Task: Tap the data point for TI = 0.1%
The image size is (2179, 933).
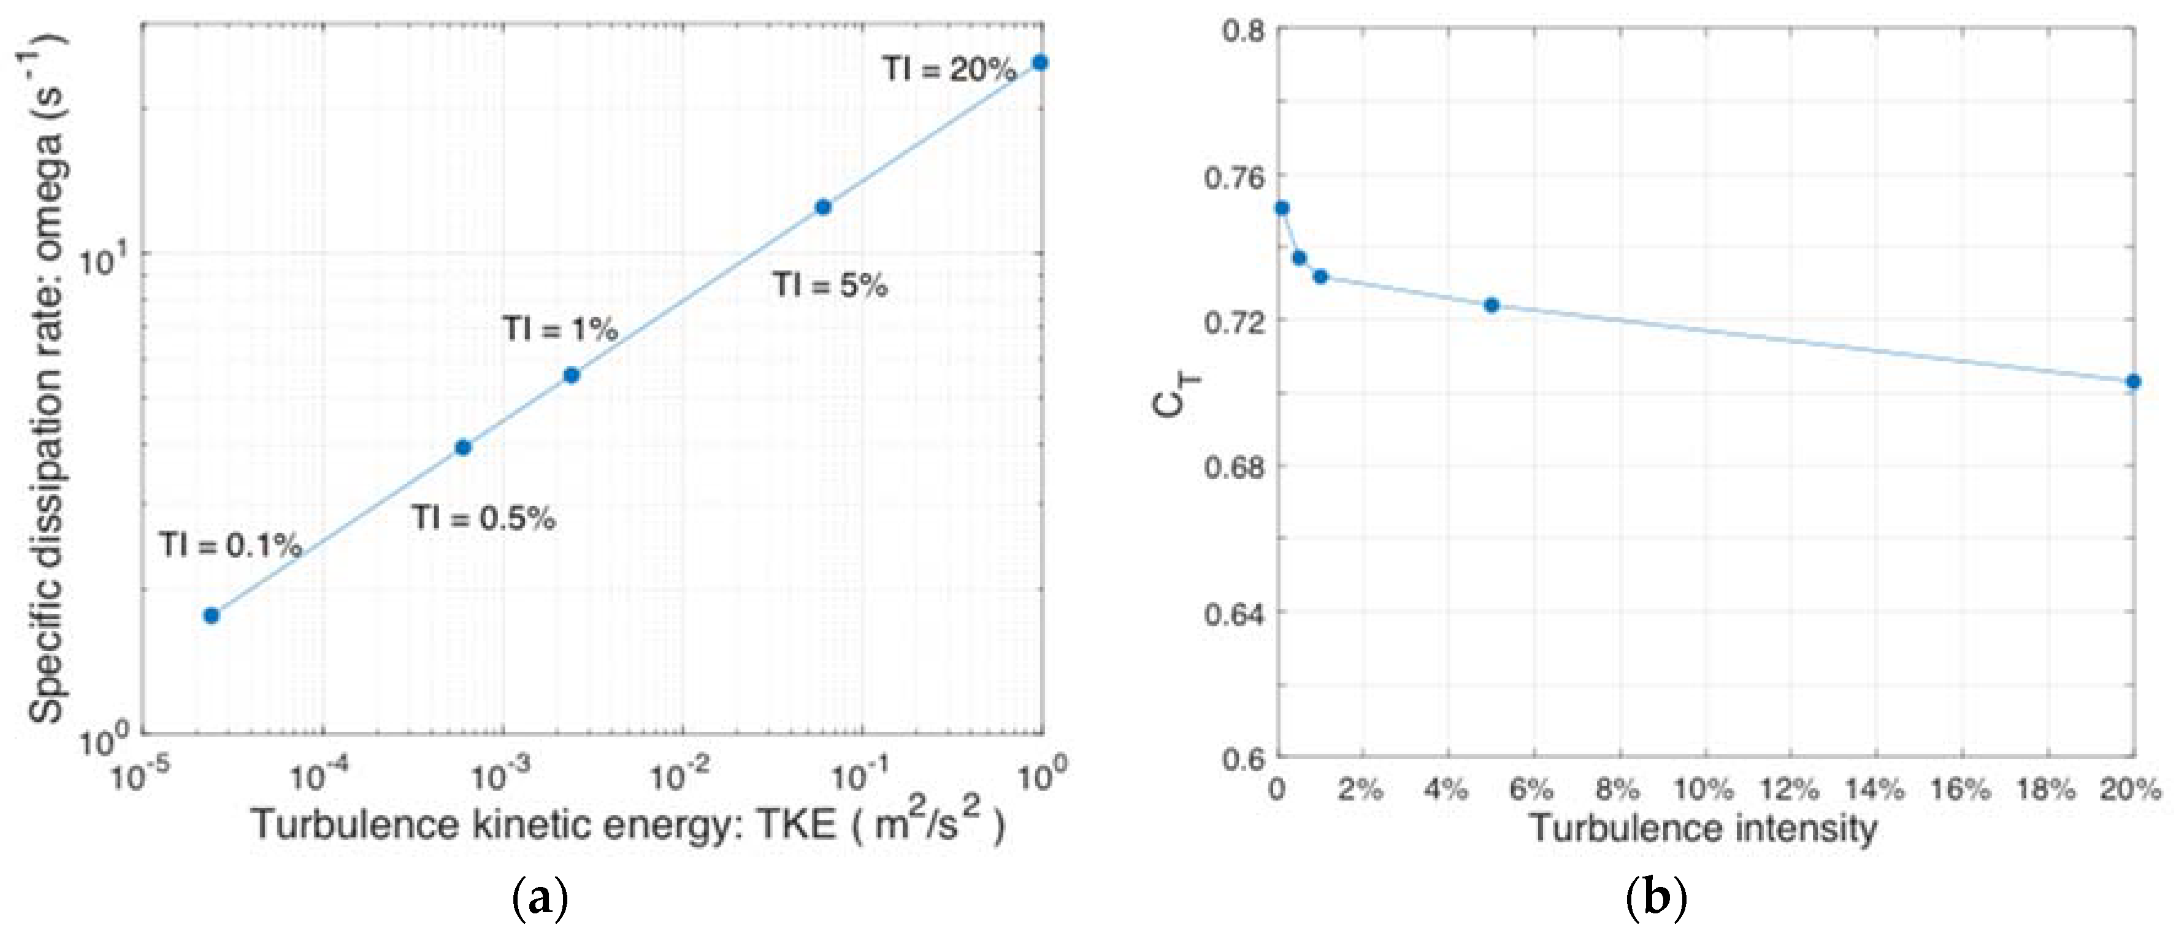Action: [x=212, y=615]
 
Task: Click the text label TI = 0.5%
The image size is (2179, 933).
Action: [x=483, y=518]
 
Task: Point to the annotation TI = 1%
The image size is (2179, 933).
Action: [x=560, y=328]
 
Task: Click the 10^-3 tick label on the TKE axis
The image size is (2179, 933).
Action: [x=501, y=774]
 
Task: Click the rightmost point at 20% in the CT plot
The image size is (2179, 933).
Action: [x=2132, y=382]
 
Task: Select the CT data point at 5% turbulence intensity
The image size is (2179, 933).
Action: [x=1492, y=305]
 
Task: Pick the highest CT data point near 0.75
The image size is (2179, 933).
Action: [x=1282, y=208]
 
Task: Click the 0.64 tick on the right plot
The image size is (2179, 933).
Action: [x=1234, y=612]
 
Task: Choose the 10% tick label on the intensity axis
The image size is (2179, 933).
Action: [x=1704, y=789]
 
